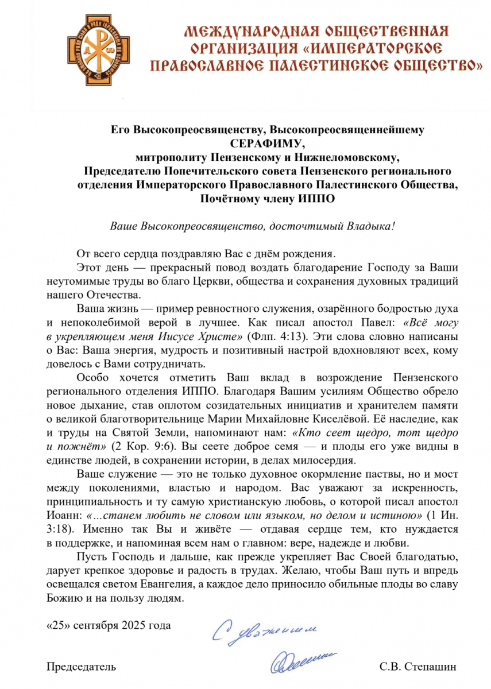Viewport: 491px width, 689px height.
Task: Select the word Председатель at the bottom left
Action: click(80, 667)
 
